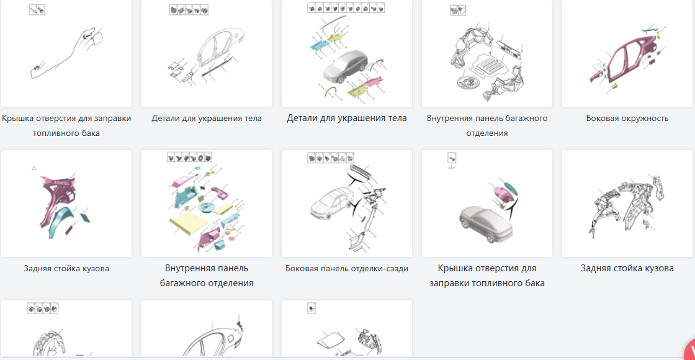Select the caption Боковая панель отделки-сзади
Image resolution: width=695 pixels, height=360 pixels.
347,268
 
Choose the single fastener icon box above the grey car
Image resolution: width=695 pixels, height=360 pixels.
452,158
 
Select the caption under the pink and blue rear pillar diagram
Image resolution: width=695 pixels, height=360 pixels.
66,268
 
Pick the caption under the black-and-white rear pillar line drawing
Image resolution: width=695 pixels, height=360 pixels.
627,268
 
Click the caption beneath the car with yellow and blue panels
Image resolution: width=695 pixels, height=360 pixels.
347,119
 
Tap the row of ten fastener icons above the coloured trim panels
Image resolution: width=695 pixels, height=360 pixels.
347,7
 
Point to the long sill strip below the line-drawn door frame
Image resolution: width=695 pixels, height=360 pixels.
220,67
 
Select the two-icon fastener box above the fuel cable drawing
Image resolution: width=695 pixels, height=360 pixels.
38,9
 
